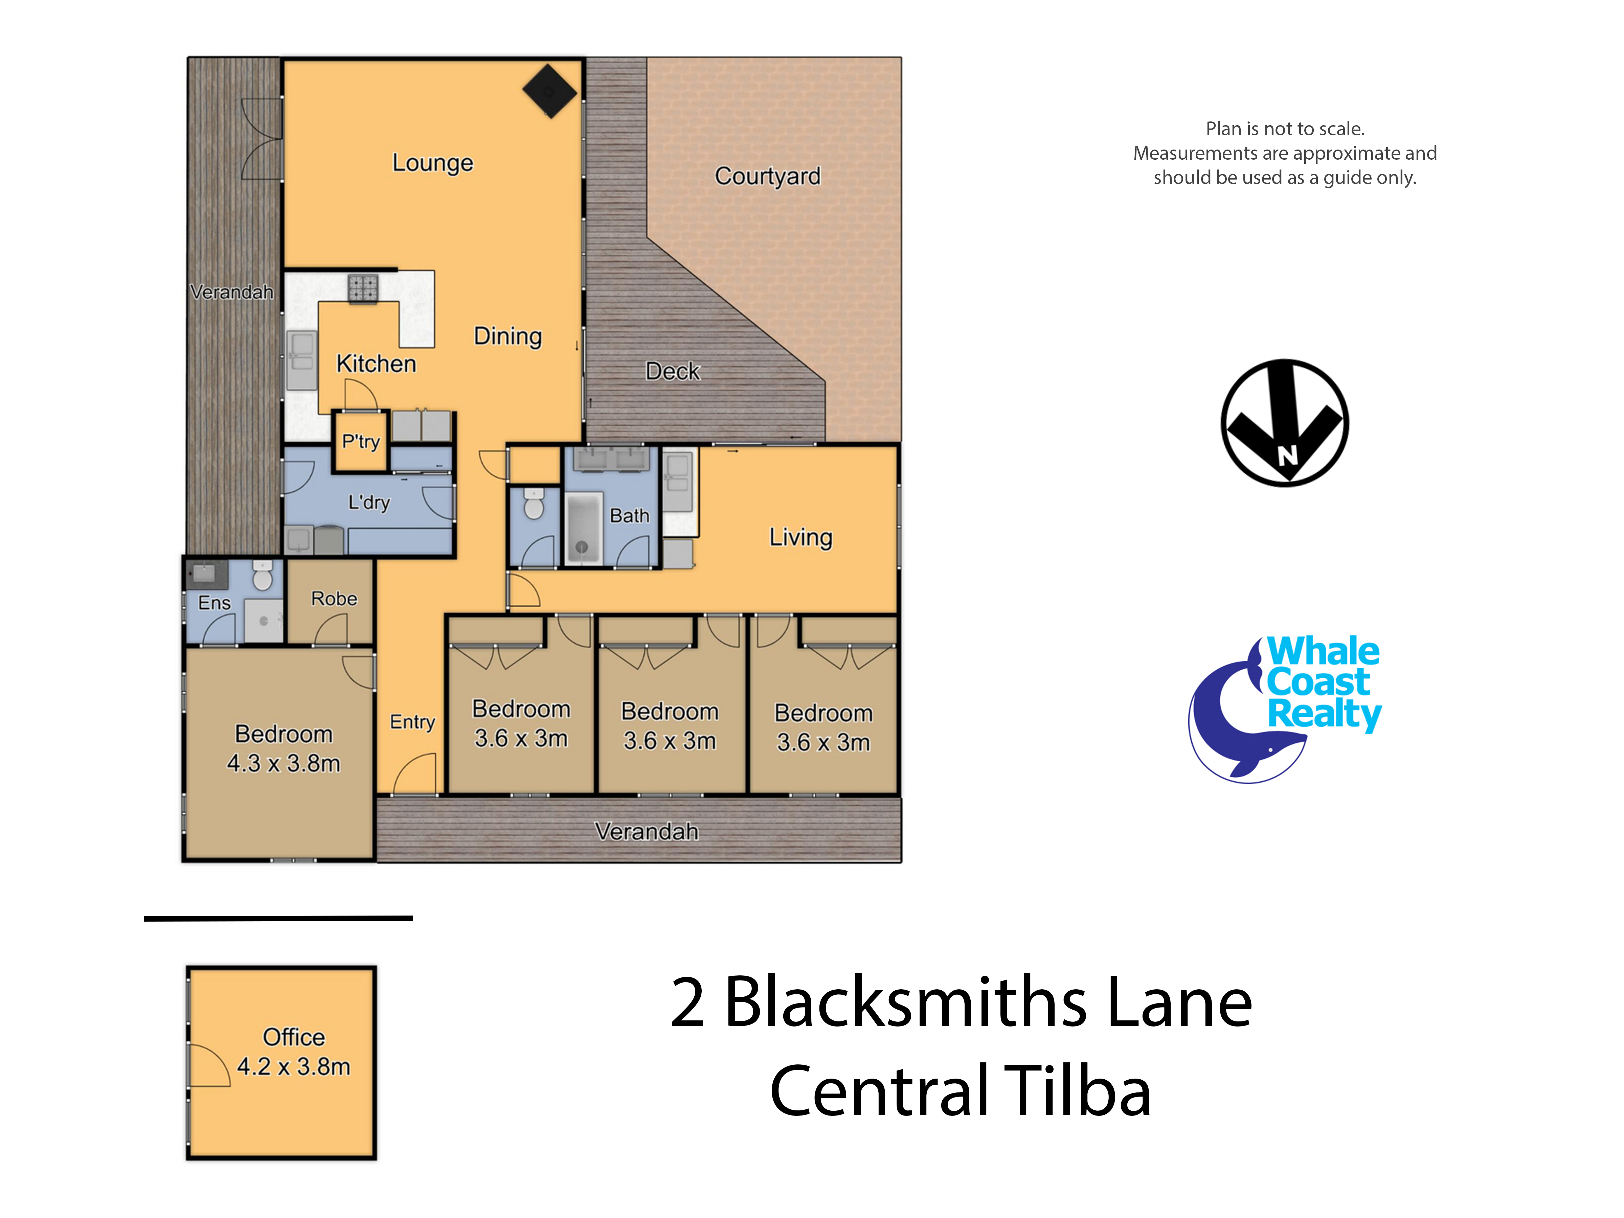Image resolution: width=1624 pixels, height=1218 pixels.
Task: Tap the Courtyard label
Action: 767,176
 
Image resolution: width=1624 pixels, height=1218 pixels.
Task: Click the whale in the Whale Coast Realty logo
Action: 1234,727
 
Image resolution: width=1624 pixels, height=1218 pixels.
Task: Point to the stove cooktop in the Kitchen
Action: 363,289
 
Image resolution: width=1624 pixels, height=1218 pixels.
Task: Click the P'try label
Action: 360,441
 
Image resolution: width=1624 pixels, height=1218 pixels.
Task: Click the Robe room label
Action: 334,599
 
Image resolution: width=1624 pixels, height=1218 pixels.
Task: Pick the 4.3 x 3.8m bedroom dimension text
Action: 284,764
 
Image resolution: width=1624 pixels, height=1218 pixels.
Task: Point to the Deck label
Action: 673,371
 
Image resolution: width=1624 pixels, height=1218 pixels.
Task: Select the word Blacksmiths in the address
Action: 905,1003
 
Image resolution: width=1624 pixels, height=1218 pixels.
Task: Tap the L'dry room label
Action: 368,502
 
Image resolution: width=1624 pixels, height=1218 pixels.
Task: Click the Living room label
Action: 800,537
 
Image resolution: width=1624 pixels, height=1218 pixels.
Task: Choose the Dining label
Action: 507,336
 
